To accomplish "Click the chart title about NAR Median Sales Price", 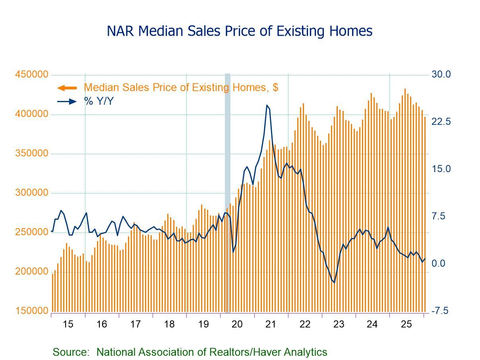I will click(240, 31).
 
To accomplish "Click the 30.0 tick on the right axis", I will click(441, 74).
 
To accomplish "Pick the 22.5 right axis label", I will click(441, 122).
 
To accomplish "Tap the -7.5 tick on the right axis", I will click(440, 311).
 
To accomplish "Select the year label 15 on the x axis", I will click(68, 324).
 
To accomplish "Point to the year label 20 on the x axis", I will click(237, 324).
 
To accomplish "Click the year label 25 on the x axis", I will click(406, 324).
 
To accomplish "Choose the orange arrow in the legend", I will click(66, 88).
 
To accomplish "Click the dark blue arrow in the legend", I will click(67, 101).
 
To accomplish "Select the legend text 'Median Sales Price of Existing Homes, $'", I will click(181, 87).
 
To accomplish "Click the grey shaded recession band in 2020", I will click(228, 191).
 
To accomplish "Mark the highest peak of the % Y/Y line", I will click(267, 105).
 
